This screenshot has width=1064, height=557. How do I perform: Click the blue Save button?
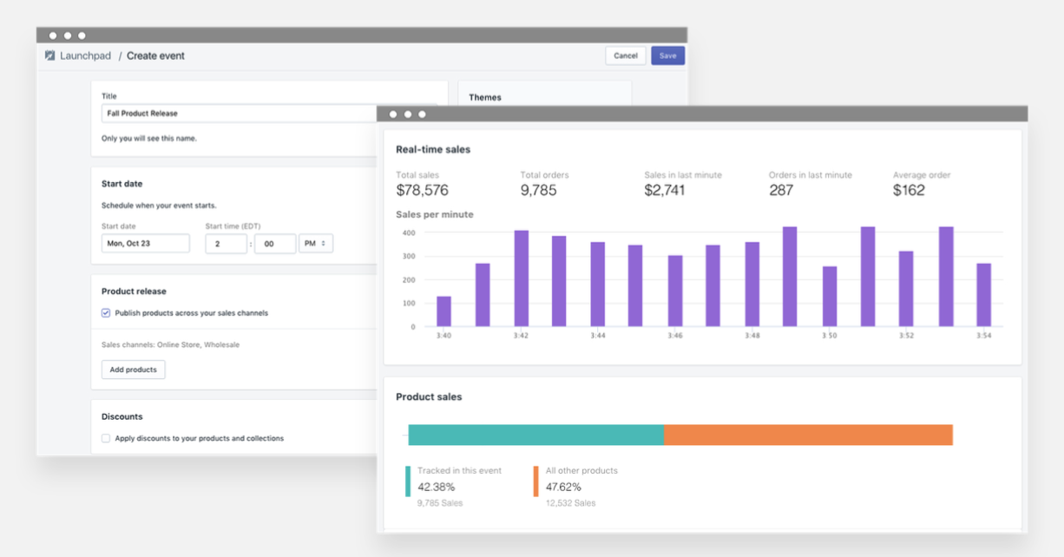pyautogui.click(x=667, y=56)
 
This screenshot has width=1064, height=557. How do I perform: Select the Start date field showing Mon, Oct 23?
pyautogui.click(x=145, y=244)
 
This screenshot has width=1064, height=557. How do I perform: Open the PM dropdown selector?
pyautogui.click(x=315, y=244)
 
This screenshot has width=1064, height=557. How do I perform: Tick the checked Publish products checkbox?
pyautogui.click(x=106, y=313)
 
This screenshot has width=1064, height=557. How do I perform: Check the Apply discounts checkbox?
pyautogui.click(x=106, y=438)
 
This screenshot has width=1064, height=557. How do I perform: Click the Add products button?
pyautogui.click(x=133, y=370)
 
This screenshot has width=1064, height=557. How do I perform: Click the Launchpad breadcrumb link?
pyautogui.click(x=85, y=56)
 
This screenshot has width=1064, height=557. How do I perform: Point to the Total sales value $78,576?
pyautogui.click(x=422, y=190)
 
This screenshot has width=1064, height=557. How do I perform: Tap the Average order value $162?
pyautogui.click(x=909, y=190)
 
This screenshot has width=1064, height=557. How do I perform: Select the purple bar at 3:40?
pyautogui.click(x=443, y=311)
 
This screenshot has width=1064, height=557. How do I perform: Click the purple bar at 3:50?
pyautogui.click(x=830, y=296)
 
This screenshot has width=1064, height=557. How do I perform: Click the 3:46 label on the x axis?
pyautogui.click(x=675, y=336)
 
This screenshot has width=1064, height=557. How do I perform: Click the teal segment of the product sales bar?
pyautogui.click(x=535, y=435)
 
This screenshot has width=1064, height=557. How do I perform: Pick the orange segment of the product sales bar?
pyautogui.click(x=808, y=435)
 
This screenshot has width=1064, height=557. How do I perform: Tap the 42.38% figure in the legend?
pyautogui.click(x=435, y=487)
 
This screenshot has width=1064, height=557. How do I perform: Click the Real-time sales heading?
pyautogui.click(x=433, y=149)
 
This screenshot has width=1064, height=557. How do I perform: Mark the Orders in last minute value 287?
pyautogui.click(x=781, y=190)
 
